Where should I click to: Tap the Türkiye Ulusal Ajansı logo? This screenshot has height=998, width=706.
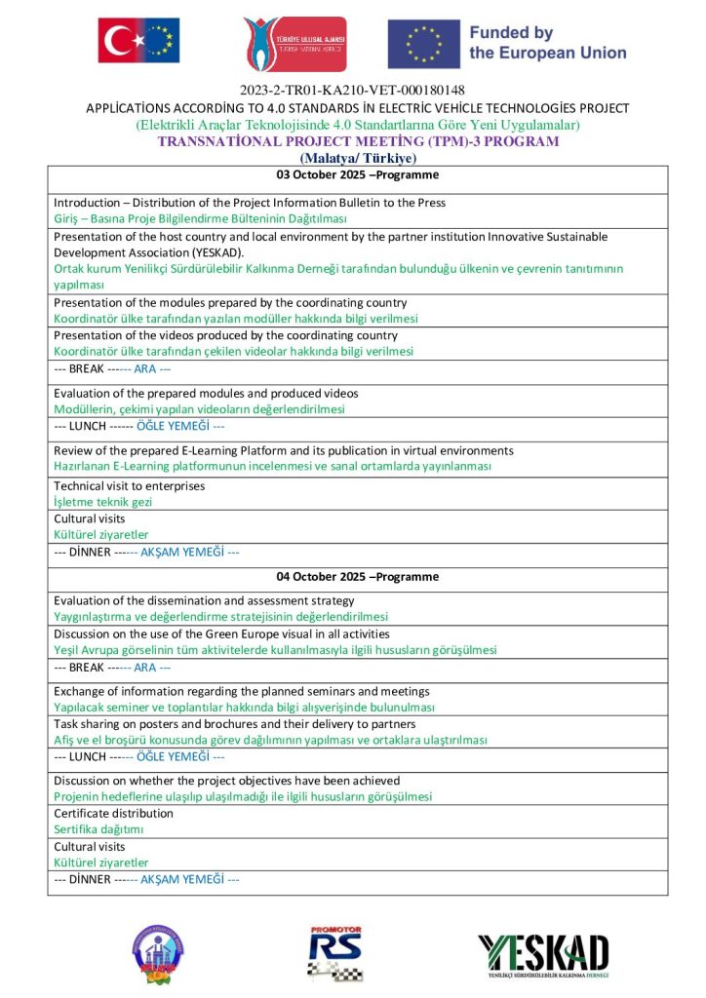coord(294,44)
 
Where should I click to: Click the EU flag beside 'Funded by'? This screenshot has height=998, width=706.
coord(423,44)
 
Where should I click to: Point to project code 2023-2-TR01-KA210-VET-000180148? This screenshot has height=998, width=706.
coord(352,91)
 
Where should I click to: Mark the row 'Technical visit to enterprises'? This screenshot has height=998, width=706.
coord(129,485)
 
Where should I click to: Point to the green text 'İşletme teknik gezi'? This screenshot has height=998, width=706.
coord(102,501)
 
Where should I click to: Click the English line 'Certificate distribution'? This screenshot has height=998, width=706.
coord(111,814)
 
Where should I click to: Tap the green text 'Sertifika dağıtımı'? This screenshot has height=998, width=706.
coord(98,829)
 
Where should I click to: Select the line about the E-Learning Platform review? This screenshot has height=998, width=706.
coord(283,451)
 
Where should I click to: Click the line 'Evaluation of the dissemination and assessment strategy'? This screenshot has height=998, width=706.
coord(204,601)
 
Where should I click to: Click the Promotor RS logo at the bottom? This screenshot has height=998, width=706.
coord(335,951)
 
